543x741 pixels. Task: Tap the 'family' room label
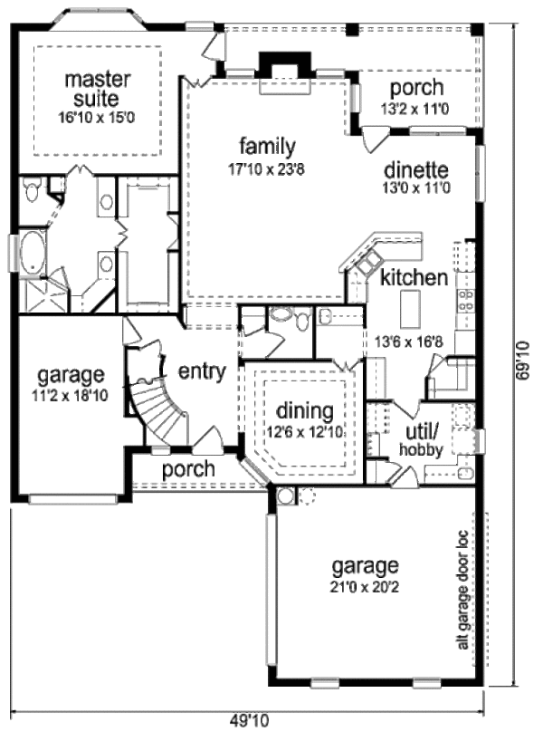[x=268, y=146]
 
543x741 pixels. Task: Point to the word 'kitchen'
[x=414, y=277]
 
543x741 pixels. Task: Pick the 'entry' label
[x=201, y=371]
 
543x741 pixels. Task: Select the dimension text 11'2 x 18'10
[x=71, y=395]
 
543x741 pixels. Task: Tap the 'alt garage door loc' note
[x=462, y=589]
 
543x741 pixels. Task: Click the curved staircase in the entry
[x=149, y=403]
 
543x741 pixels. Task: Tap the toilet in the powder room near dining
[x=282, y=317]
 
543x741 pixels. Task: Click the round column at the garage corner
[x=286, y=496]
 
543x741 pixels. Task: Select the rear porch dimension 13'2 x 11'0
[x=415, y=109]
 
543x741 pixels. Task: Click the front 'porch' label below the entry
[x=188, y=469]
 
